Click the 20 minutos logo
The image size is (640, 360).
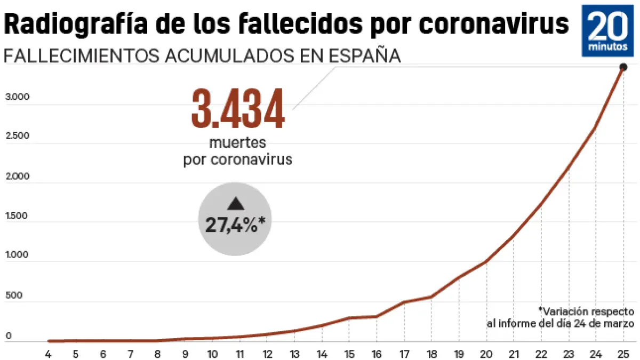[608, 30]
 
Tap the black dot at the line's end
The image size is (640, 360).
[623, 67]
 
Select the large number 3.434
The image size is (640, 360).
[238, 109]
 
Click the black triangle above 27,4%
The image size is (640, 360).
[235, 204]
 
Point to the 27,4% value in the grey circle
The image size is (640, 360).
[235, 225]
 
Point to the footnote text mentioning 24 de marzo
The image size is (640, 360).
[560, 323]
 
